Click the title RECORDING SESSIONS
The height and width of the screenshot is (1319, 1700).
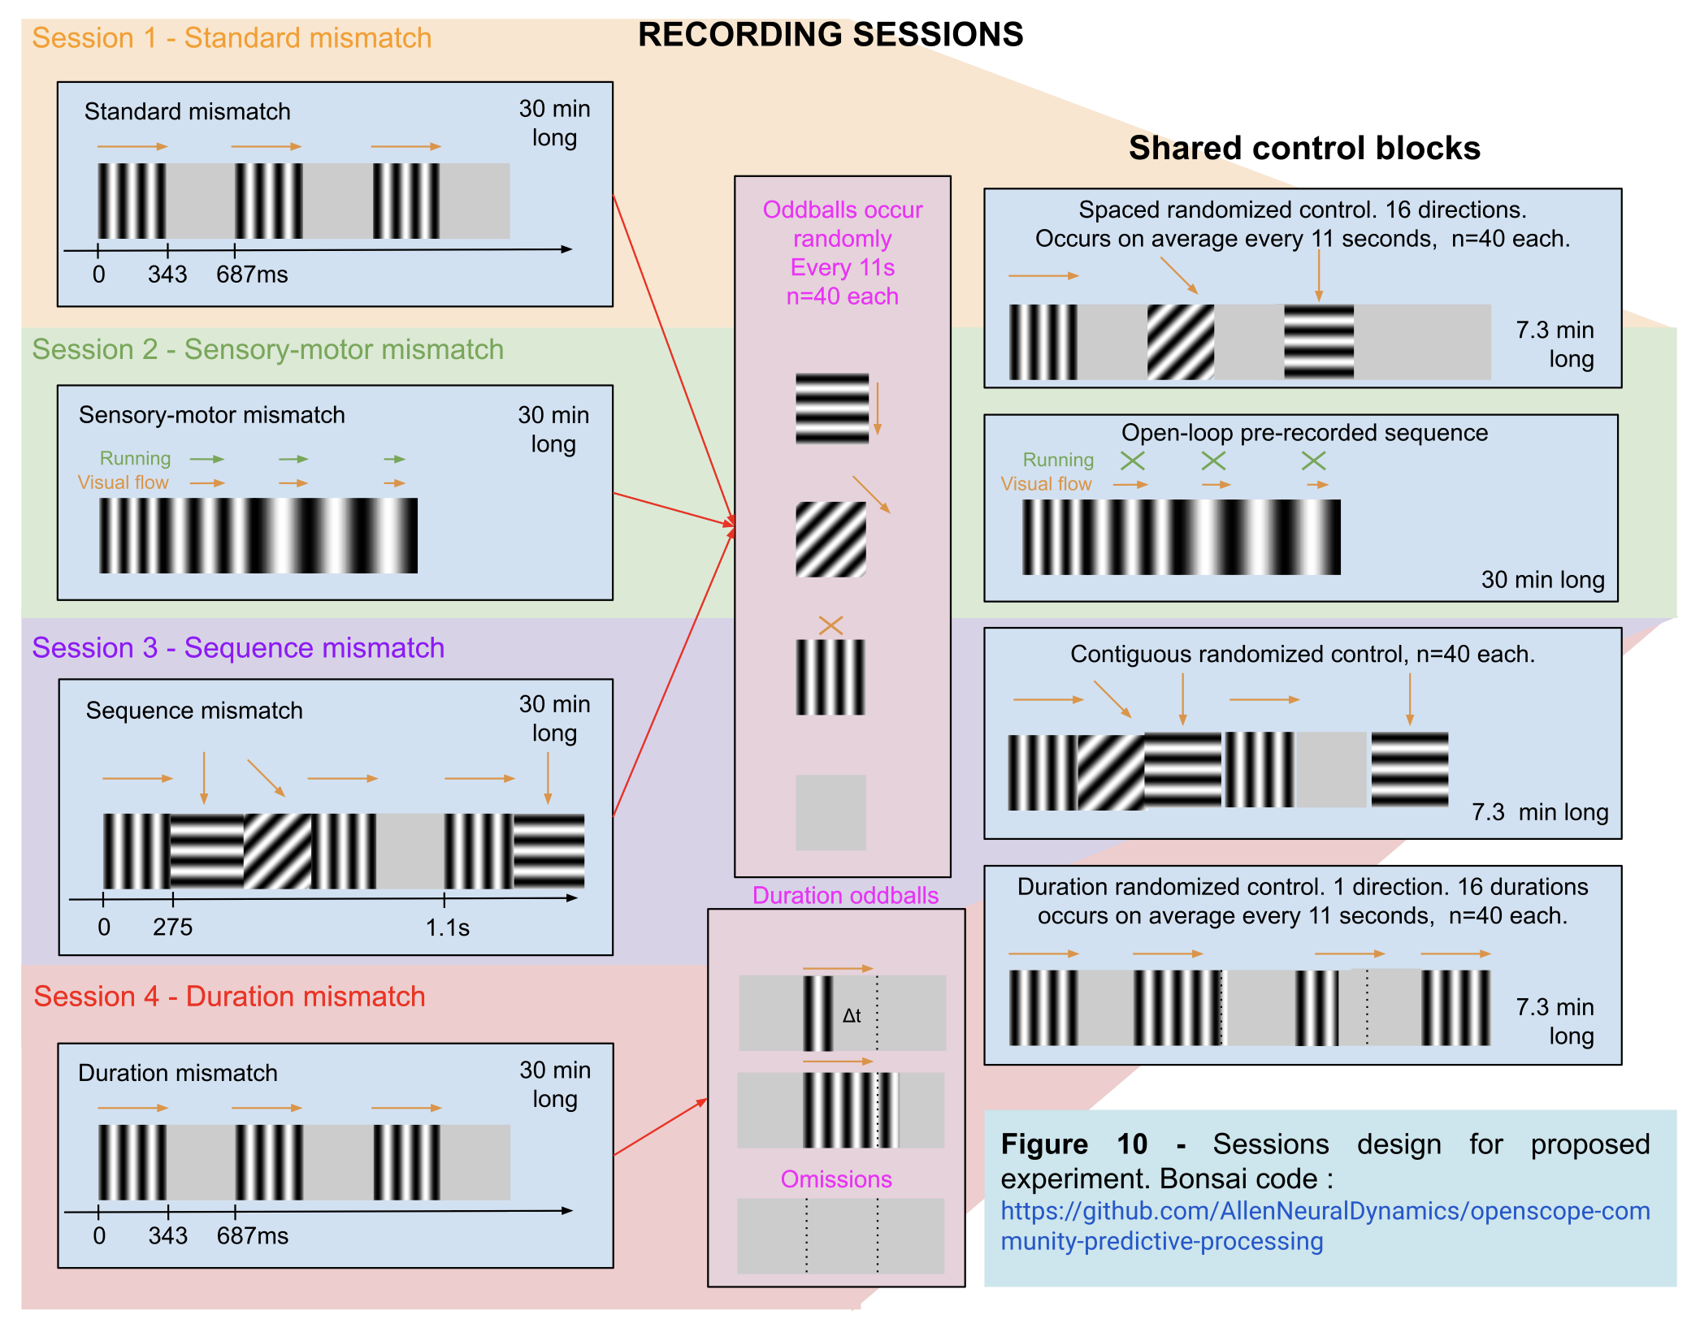(x=830, y=35)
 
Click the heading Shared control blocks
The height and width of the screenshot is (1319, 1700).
(x=1303, y=148)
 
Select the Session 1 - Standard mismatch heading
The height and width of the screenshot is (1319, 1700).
(x=232, y=38)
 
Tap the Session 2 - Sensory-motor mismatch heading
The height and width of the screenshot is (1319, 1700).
(x=267, y=349)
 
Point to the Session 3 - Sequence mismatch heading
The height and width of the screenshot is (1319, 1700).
(x=238, y=647)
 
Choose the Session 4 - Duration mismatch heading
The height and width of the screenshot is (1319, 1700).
(x=229, y=996)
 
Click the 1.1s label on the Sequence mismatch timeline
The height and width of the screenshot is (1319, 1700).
(x=448, y=927)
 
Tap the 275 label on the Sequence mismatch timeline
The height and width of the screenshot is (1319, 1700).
(x=172, y=927)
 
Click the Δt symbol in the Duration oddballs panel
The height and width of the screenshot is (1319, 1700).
(x=851, y=1015)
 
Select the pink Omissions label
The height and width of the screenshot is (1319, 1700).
(x=835, y=1178)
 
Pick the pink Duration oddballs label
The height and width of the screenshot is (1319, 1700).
(x=845, y=895)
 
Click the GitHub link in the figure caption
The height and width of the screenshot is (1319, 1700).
(x=1325, y=1226)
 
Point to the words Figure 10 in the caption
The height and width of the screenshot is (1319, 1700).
(x=1073, y=1144)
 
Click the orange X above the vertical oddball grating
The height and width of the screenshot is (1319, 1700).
(x=830, y=625)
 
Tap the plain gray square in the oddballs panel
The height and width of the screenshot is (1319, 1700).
(x=830, y=812)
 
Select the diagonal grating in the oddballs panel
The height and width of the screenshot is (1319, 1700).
(x=830, y=539)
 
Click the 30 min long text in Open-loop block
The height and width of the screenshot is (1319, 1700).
(x=1542, y=579)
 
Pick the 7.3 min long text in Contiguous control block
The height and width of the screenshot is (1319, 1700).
(x=1539, y=811)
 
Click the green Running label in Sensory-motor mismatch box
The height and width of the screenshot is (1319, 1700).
(x=135, y=458)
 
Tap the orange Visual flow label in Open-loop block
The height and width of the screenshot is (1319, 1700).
(x=1046, y=484)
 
